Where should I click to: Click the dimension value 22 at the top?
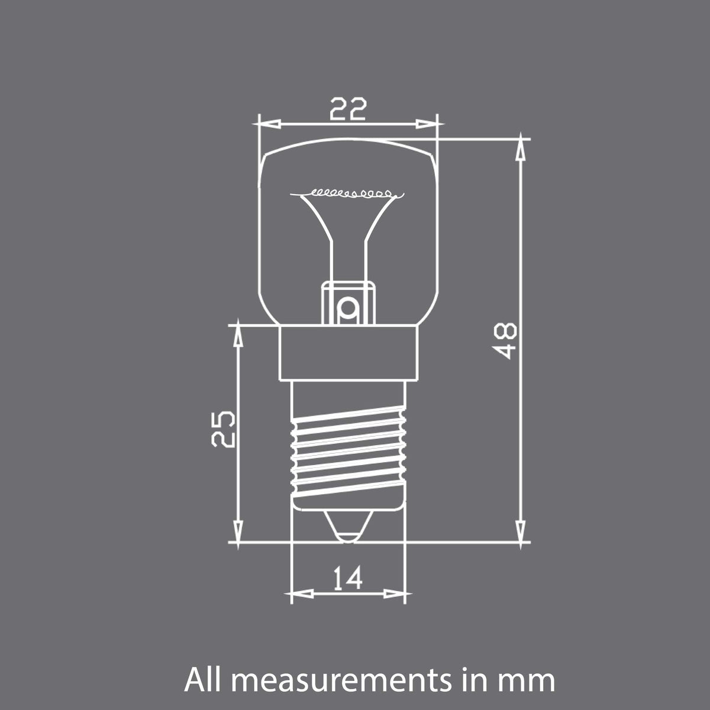pyautogui.click(x=348, y=109)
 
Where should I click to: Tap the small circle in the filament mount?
pyautogui.click(x=348, y=307)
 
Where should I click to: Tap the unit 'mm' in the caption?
pyautogui.click(x=530, y=682)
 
